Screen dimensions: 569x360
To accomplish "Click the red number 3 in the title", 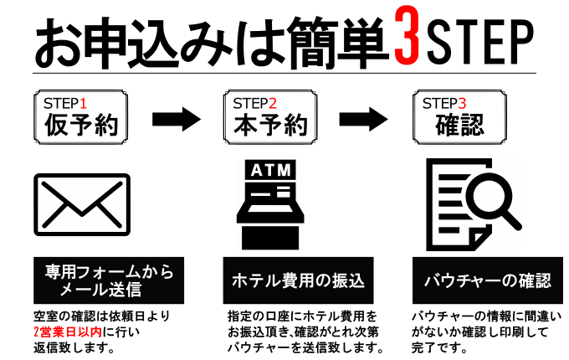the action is point(408,35).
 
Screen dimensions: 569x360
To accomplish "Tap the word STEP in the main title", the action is point(480,42).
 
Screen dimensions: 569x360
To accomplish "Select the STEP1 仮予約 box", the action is point(80,117).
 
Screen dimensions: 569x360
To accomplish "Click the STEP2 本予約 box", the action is point(270,117).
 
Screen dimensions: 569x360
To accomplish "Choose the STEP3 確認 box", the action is point(459,117).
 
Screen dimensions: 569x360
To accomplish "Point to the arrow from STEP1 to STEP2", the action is point(177,119).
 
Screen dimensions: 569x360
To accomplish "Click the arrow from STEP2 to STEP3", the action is point(363,119).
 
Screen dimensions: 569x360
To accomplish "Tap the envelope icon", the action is point(82,204).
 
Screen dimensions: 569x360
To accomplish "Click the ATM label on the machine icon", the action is point(271,170).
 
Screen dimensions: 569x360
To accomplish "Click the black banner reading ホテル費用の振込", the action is point(298,280).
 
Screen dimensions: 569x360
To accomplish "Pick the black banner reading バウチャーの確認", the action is point(488,280).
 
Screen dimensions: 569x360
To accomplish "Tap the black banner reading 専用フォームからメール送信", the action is point(109,280).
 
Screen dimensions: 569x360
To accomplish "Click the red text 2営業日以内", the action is point(68,332).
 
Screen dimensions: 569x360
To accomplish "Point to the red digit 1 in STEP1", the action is point(83,104).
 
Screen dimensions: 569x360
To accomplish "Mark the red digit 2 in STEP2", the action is point(273,104).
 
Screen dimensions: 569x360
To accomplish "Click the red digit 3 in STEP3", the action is point(462,104).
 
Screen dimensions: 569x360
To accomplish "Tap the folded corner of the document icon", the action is point(479,240).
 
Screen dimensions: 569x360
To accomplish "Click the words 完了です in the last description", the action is point(439,348).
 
